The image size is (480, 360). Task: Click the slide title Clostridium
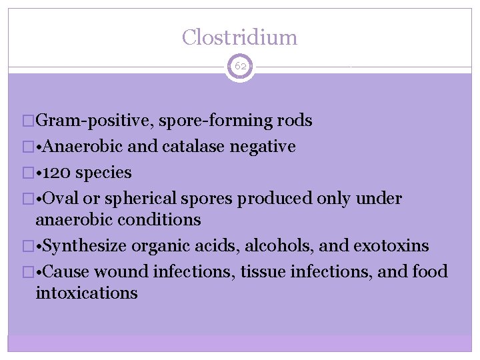[x=239, y=37]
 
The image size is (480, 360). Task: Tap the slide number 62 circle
[x=240, y=67]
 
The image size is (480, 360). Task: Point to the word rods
[x=293, y=121]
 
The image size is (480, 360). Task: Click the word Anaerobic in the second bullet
[x=81, y=147]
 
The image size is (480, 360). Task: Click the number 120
[x=59, y=173]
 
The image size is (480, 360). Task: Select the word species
[x=104, y=173]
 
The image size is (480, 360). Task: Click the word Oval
[x=62, y=199]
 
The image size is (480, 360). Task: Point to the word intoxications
[x=87, y=293]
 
